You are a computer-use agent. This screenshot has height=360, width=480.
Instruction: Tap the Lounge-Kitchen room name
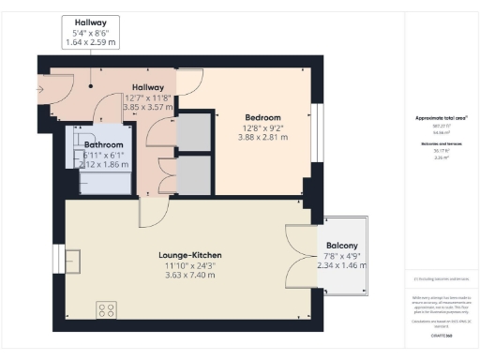click(x=189, y=254)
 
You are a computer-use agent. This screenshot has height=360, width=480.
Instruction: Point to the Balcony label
click(x=341, y=246)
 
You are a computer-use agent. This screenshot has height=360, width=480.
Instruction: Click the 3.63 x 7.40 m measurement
click(x=189, y=276)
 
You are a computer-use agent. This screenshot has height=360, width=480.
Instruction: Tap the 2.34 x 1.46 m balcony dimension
click(x=341, y=265)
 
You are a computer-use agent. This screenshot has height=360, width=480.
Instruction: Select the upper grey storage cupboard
click(x=193, y=132)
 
